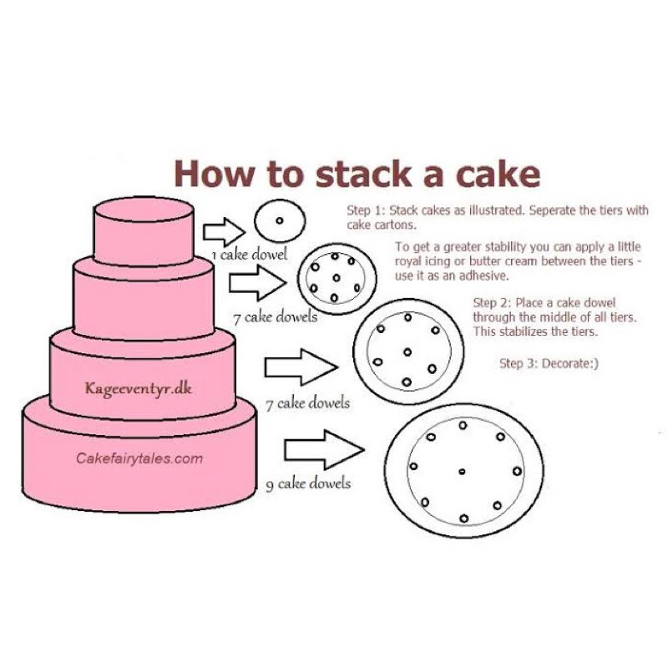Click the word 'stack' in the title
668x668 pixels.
click(363, 174)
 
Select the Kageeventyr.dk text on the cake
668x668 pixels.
click(139, 389)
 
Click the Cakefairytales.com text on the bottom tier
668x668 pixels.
click(139, 458)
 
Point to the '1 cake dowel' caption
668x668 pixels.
click(250, 255)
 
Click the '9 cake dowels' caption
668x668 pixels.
click(308, 484)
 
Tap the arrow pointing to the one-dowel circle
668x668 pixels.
click(224, 232)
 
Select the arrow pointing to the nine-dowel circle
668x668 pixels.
click(324, 449)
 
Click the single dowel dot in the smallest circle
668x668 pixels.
click(280, 220)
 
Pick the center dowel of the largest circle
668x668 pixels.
click(462, 472)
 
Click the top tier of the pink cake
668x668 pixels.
click(144, 232)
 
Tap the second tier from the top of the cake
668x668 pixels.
click(143, 301)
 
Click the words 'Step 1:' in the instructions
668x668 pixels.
click(367, 210)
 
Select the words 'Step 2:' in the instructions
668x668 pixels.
click(492, 303)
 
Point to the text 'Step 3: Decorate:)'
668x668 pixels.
click(549, 363)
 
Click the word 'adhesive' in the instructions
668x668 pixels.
click(484, 276)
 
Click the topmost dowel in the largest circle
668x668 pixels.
click(463, 425)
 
